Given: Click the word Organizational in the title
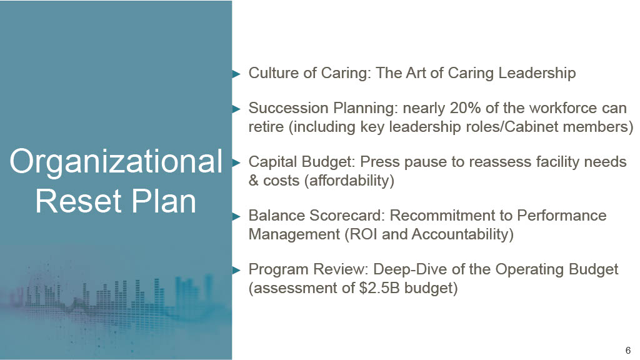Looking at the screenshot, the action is click(116, 162).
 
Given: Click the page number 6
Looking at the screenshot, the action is click(627, 350).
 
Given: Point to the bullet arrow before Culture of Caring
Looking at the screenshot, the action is click(236, 74).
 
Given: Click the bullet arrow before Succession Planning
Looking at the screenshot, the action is click(236, 109).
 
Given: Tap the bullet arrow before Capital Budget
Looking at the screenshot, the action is click(236, 163).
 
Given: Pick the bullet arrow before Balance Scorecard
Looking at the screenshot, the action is click(236, 216).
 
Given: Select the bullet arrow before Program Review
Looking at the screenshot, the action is click(236, 270).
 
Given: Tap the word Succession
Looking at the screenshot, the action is click(289, 108).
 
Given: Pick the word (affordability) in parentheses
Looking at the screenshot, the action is click(349, 181).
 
